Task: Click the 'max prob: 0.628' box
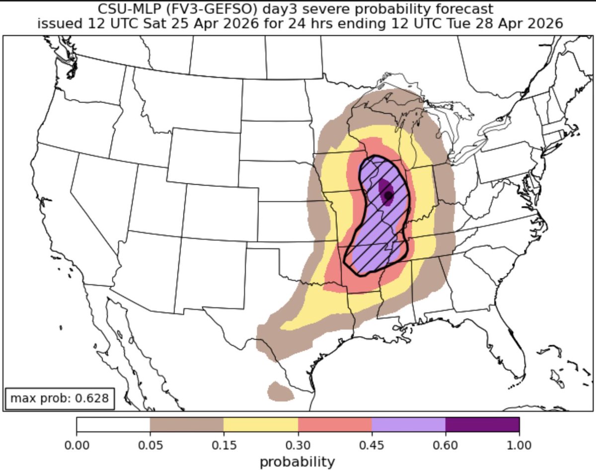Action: pyautogui.click(x=60, y=398)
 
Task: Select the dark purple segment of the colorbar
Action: pyautogui.click(x=482, y=425)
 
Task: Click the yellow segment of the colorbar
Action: pyautogui.click(x=261, y=425)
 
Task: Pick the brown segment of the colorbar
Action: pyautogui.click(x=187, y=425)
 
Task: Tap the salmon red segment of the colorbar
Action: pyautogui.click(x=335, y=425)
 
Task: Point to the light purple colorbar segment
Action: pyautogui.click(x=408, y=425)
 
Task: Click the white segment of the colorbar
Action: pyautogui.click(x=113, y=425)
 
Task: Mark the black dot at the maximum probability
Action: pyautogui.click(x=388, y=195)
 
